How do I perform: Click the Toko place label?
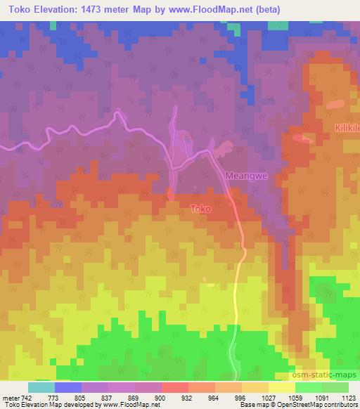point(200,208)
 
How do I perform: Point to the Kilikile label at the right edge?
point(347,127)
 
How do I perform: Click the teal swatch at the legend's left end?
point(41,387)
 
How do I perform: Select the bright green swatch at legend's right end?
point(335,387)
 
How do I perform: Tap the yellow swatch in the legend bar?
point(281,387)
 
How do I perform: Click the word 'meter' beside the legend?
point(10,397)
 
